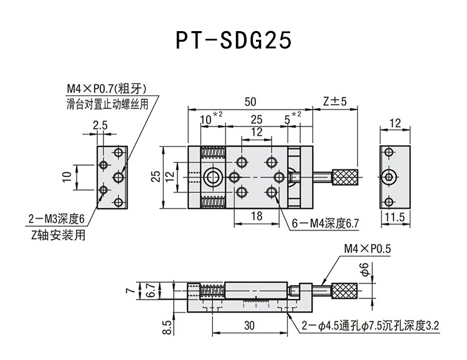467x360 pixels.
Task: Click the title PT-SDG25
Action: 233,40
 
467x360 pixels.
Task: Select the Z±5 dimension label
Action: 334,102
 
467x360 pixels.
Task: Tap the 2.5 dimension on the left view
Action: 100,125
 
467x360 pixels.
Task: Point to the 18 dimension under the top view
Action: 256,216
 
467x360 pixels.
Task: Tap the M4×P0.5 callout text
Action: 367,249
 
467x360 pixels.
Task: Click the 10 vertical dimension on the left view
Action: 67,178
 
